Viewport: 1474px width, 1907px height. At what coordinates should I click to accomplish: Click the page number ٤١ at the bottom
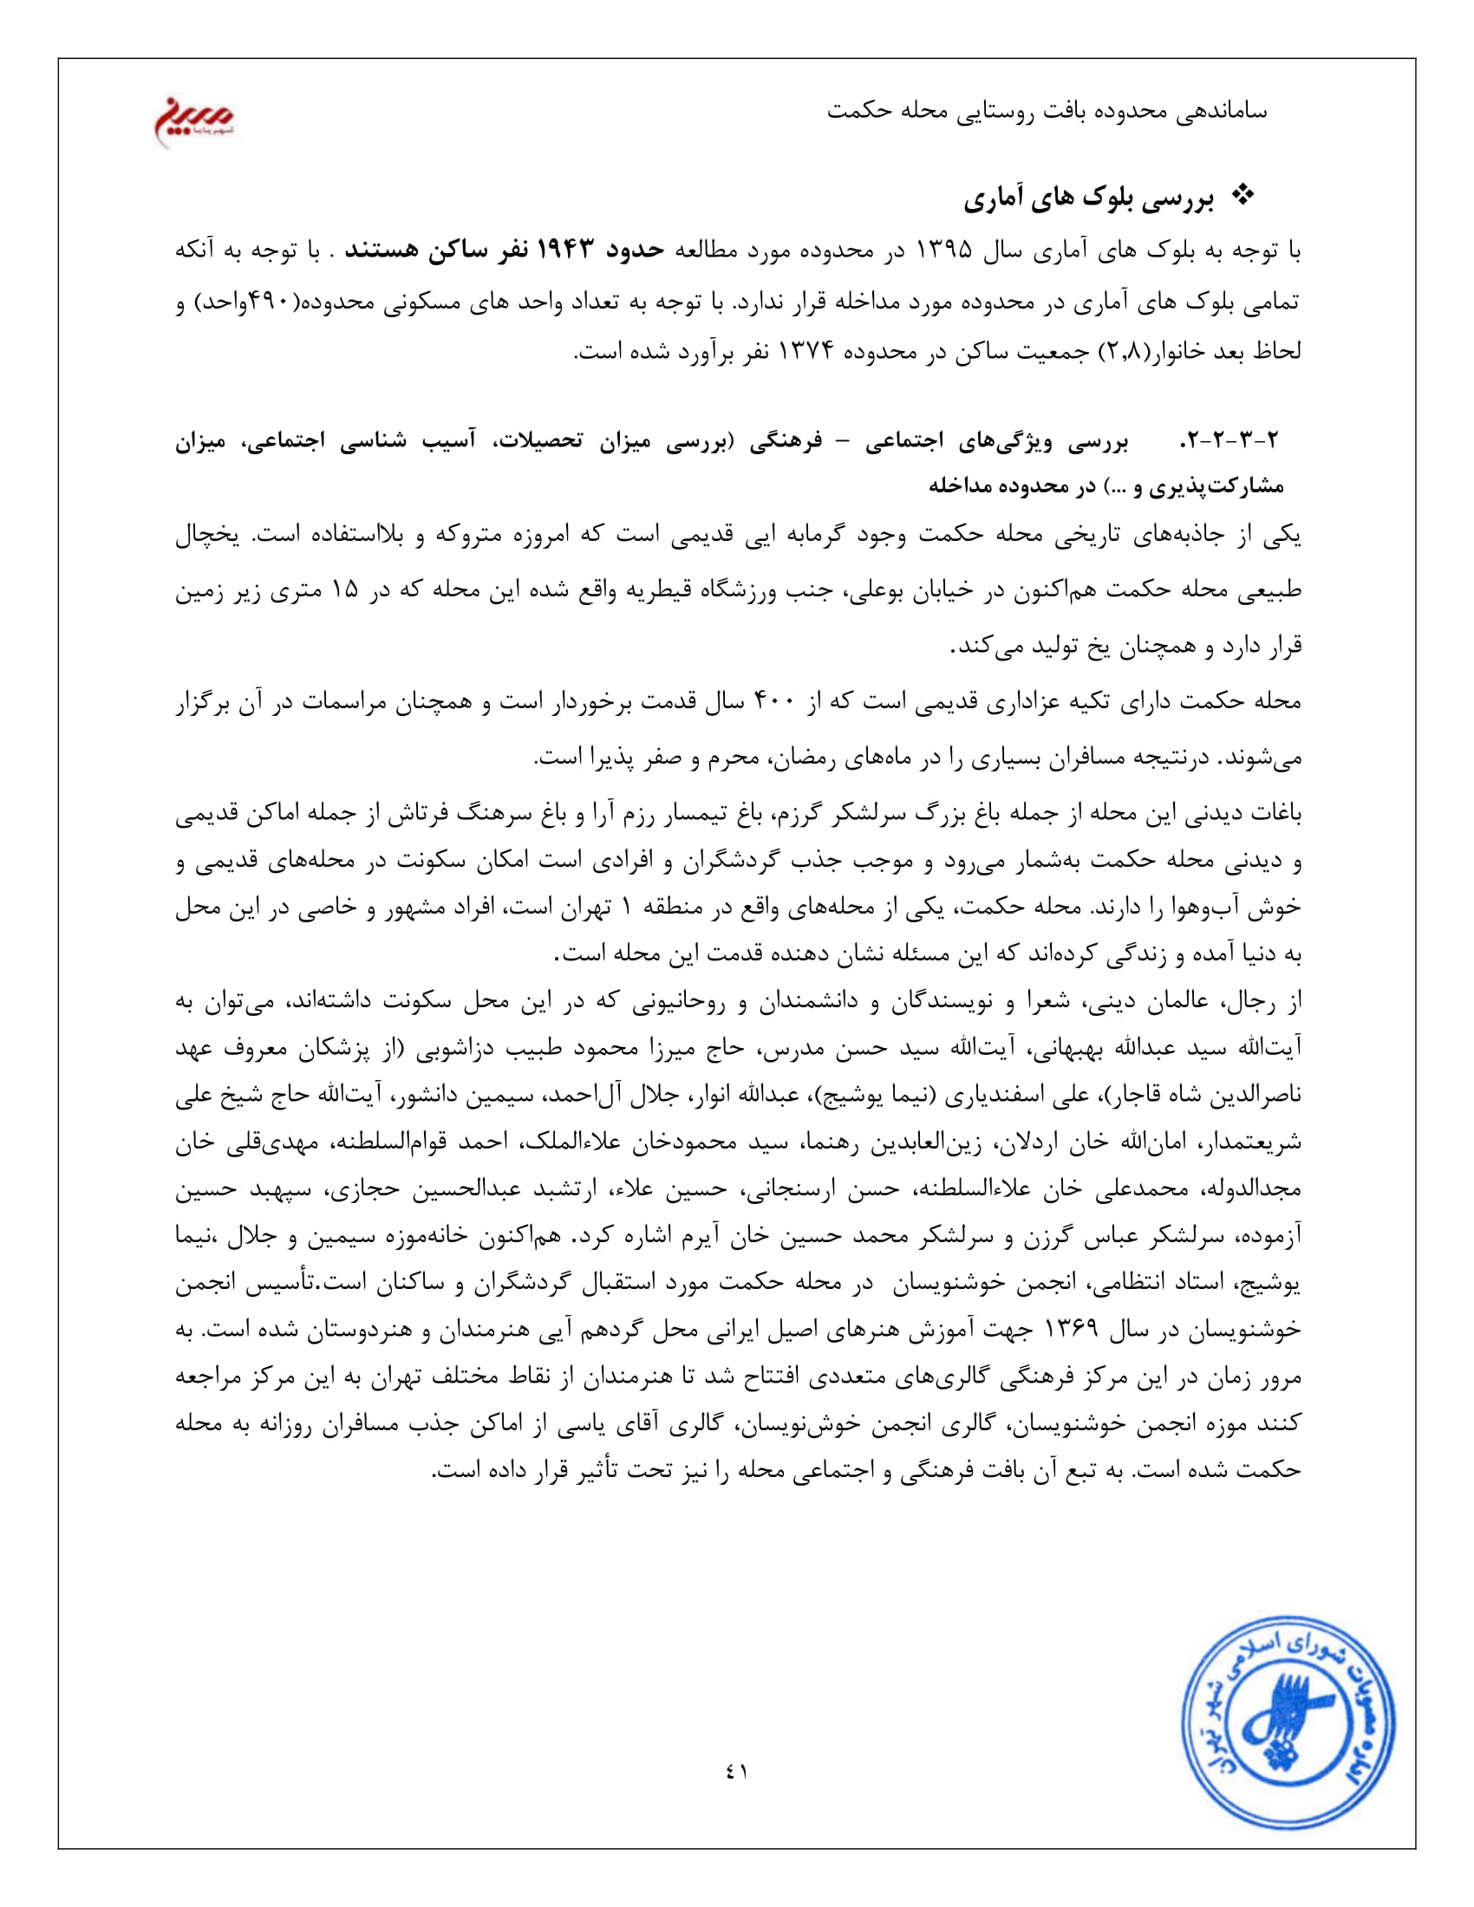click(736, 1772)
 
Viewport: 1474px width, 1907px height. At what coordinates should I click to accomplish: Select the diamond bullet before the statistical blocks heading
click(1242, 198)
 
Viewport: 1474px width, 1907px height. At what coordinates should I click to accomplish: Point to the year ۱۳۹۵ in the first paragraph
click(943, 251)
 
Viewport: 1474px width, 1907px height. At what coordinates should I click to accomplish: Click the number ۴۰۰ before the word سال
click(772, 701)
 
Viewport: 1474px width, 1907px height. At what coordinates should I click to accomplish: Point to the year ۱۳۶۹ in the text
click(1070, 1330)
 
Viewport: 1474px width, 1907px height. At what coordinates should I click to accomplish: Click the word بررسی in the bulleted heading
click(1183, 200)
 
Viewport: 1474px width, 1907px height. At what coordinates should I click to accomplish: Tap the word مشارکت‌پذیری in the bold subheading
click(1222, 486)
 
